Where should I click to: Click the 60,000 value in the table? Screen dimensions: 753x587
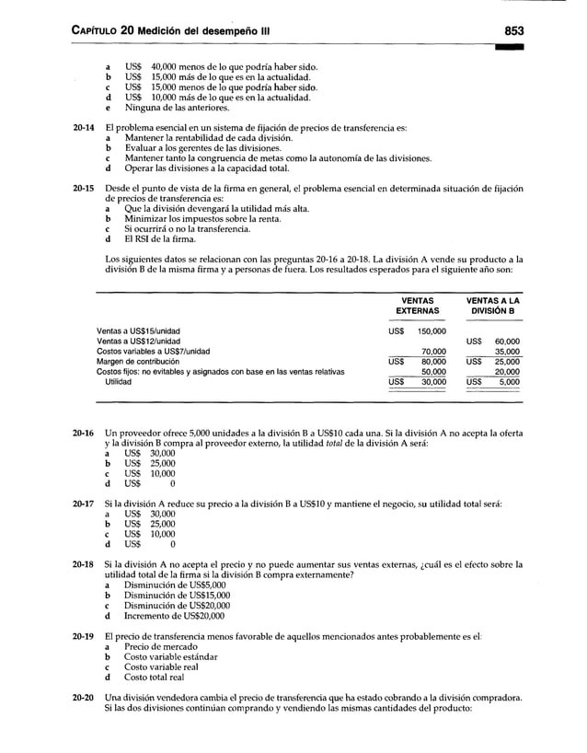(507, 341)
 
